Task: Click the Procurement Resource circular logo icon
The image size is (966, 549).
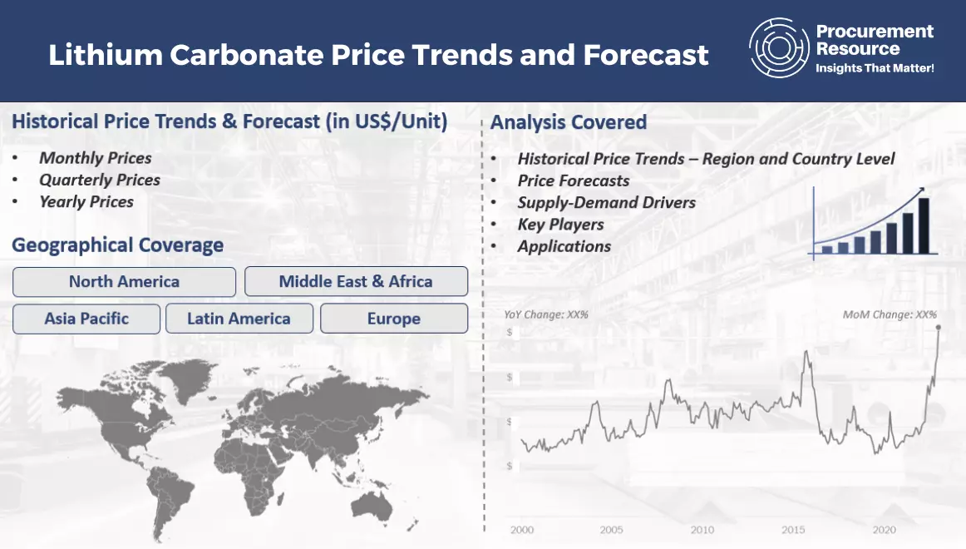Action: (x=779, y=47)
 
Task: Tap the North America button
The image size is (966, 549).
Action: (x=124, y=282)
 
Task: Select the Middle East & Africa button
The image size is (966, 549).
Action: (x=356, y=282)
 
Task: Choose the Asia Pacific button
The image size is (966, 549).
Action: (x=86, y=319)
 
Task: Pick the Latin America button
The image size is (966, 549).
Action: (x=239, y=319)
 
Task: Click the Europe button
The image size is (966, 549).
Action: (x=394, y=319)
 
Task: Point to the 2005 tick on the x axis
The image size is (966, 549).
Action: (x=611, y=530)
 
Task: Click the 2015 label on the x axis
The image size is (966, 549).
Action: (x=793, y=530)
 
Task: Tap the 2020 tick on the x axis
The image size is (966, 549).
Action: (x=884, y=530)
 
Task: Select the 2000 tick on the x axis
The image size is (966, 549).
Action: (x=522, y=530)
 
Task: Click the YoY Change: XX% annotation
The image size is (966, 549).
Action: (x=546, y=314)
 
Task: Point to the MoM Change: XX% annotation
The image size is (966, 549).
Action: (x=890, y=314)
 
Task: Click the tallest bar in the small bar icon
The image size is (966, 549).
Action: (x=924, y=225)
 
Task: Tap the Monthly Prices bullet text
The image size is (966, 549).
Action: (x=96, y=158)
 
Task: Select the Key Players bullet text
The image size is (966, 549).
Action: (x=560, y=225)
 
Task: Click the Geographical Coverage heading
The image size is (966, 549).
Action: (x=118, y=245)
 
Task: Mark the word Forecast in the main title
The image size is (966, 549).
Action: (x=646, y=55)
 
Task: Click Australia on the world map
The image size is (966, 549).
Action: (x=372, y=506)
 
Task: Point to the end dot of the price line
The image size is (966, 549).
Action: (x=939, y=328)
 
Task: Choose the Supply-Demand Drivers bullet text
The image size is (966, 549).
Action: (x=606, y=203)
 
